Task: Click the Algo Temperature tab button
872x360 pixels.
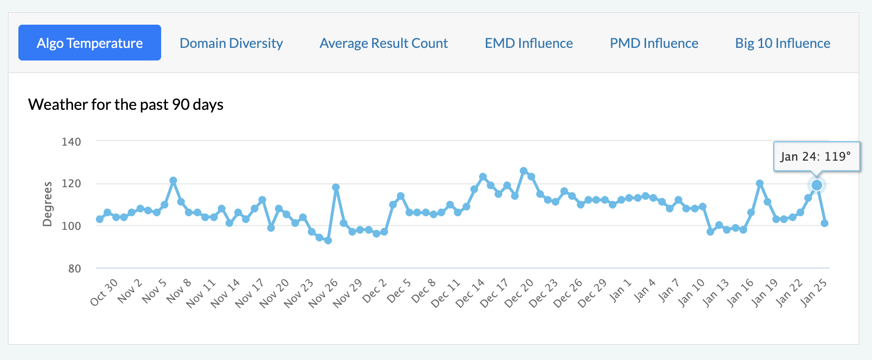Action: point(90,43)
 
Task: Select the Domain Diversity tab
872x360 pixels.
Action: point(231,43)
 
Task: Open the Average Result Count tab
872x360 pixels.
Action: point(384,43)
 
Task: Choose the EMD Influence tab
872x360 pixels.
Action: point(529,43)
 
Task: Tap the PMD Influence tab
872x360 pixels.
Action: point(654,43)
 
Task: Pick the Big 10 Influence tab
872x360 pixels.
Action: point(782,43)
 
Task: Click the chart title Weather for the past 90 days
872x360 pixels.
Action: point(126,105)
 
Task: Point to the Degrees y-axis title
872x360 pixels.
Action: point(47,204)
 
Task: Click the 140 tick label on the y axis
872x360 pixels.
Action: point(71,142)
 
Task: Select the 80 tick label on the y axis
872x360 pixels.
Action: point(75,269)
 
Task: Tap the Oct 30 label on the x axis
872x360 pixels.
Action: point(104,292)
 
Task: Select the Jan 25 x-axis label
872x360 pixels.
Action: point(814,293)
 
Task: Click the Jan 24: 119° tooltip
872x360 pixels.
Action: point(816,156)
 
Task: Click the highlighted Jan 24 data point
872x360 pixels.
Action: point(817,185)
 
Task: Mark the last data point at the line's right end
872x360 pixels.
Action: point(825,223)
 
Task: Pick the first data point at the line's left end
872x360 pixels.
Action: point(100,219)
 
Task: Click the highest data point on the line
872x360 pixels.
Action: point(524,171)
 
